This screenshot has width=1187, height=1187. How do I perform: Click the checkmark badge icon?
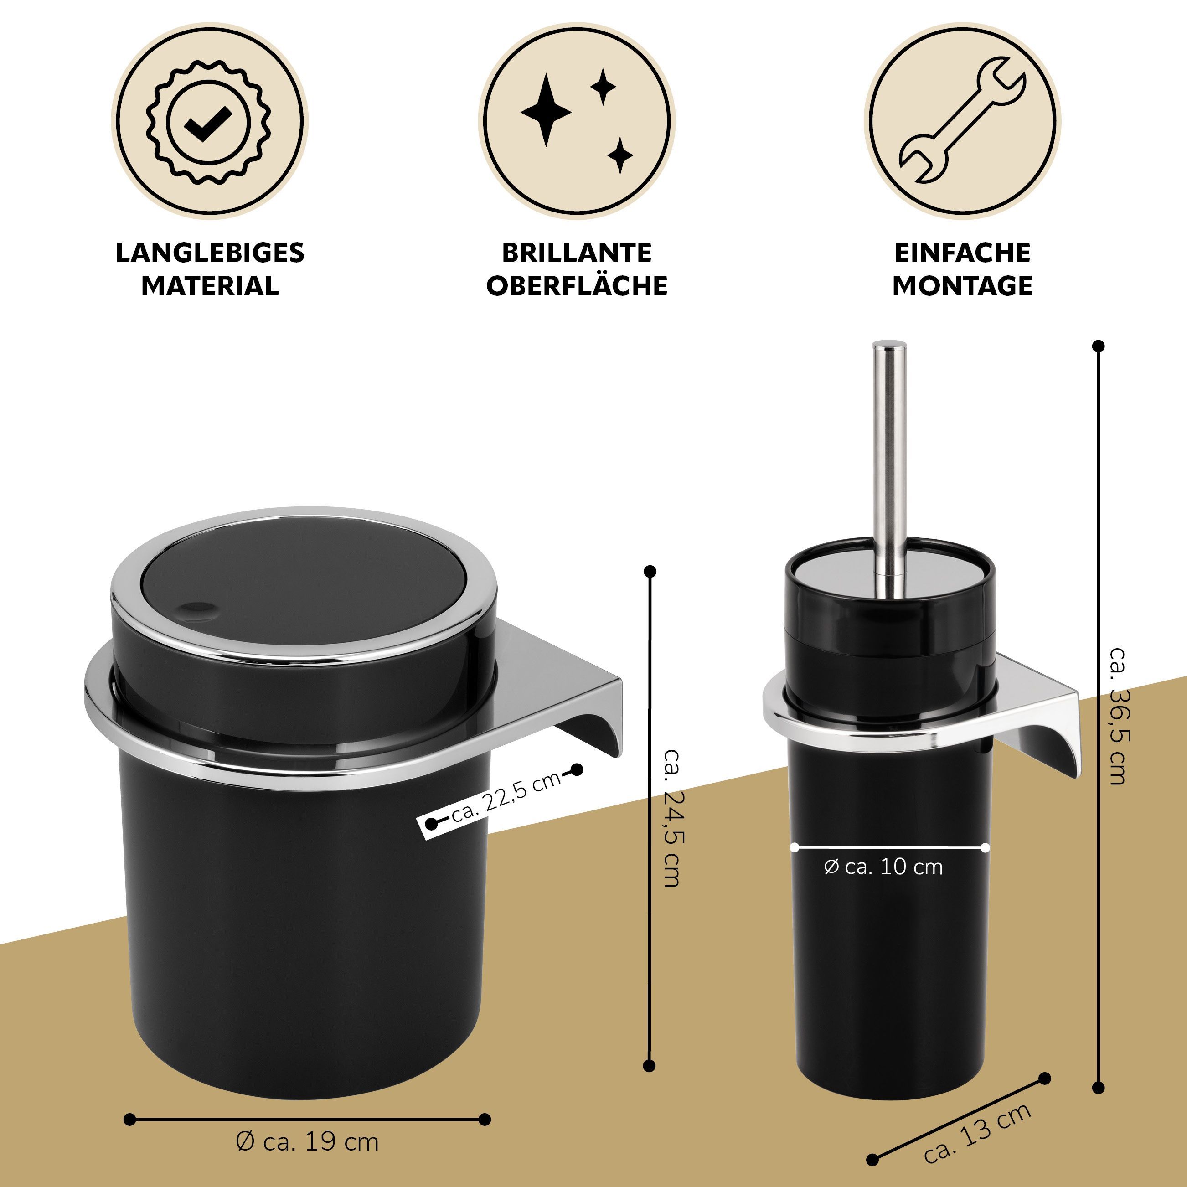(x=210, y=121)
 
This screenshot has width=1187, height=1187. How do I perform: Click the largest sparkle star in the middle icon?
(x=546, y=111)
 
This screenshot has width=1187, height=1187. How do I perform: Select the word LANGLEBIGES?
(x=210, y=253)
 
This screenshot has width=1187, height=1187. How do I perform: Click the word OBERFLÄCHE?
(x=577, y=286)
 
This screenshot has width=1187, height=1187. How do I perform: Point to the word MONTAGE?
(x=962, y=286)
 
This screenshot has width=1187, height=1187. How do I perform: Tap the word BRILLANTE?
(x=577, y=253)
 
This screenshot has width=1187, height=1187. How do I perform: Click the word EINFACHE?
(x=962, y=253)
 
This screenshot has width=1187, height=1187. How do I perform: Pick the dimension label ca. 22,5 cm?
(x=506, y=797)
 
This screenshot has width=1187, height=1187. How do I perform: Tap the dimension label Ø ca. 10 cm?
(x=883, y=867)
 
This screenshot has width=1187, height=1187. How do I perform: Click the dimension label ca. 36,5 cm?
(x=1117, y=716)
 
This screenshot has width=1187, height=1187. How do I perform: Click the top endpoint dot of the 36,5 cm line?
(x=1099, y=346)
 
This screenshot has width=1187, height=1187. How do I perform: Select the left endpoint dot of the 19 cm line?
(x=129, y=1085)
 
